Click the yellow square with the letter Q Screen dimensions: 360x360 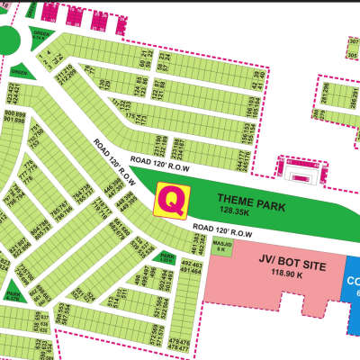click(x=173, y=200)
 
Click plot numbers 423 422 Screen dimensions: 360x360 click(x=13, y=93)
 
